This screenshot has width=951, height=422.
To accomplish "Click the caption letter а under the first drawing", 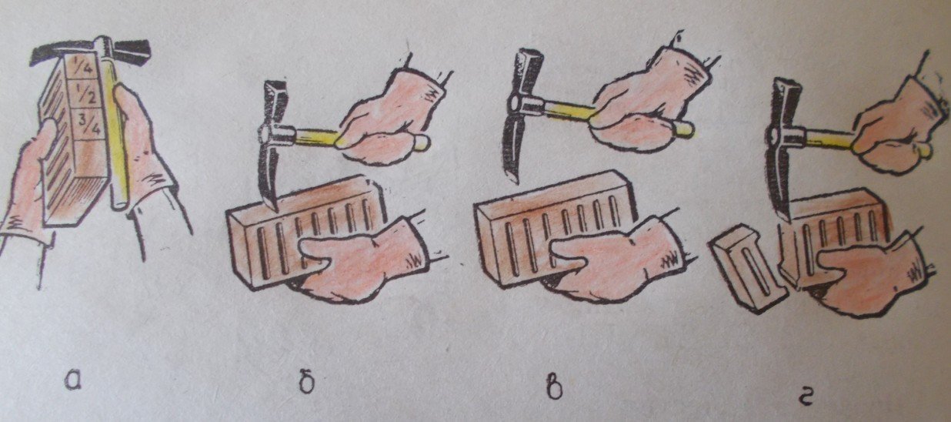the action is [73, 380].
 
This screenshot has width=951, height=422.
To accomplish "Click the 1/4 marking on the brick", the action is [84, 65].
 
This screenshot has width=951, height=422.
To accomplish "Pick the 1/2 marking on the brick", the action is [87, 95].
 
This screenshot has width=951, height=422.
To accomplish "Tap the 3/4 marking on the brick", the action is [91, 124].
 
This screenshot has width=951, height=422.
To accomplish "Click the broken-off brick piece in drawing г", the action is [747, 268].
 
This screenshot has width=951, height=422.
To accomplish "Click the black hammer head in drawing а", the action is [92, 52].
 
